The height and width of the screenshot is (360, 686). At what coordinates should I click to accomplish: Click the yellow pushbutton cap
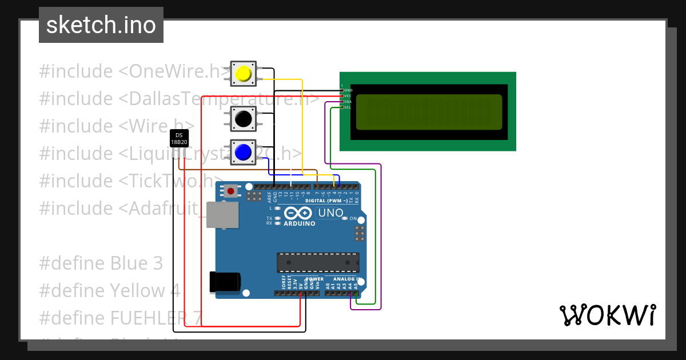click(244, 74)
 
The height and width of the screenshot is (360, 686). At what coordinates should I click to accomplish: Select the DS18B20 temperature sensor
click(179, 138)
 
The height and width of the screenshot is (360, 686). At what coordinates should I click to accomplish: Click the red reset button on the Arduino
click(231, 191)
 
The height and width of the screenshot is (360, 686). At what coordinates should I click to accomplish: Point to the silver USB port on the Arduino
click(222, 215)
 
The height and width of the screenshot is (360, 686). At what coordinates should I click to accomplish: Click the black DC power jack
click(225, 281)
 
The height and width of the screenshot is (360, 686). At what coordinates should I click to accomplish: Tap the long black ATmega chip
click(318, 262)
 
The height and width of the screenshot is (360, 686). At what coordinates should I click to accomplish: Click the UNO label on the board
click(331, 213)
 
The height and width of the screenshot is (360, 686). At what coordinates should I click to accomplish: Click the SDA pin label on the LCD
click(348, 102)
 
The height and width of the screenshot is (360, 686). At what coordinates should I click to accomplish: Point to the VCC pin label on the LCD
click(348, 96)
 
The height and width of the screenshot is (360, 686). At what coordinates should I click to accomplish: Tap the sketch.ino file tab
click(101, 25)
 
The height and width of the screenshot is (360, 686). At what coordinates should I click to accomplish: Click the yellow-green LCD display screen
click(429, 112)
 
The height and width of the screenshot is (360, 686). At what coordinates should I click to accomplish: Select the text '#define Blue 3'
click(101, 263)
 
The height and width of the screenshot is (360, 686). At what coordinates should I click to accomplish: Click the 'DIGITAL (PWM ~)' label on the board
click(326, 201)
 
